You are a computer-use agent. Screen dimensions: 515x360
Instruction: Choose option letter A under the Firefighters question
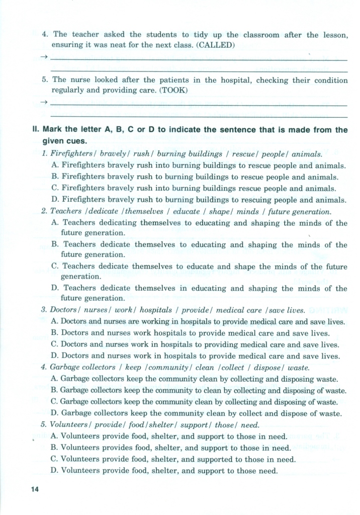coord(55,165)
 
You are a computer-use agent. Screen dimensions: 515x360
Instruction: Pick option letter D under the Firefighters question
coord(55,200)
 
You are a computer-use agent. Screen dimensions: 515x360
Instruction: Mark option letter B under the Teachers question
coord(55,245)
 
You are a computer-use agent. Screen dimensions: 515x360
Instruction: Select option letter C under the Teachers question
coord(55,267)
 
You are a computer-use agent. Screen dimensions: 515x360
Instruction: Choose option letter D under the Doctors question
coord(55,356)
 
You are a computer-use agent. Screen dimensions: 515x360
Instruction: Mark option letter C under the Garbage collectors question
coord(55,402)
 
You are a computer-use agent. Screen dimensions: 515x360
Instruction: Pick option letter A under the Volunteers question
coord(55,436)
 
